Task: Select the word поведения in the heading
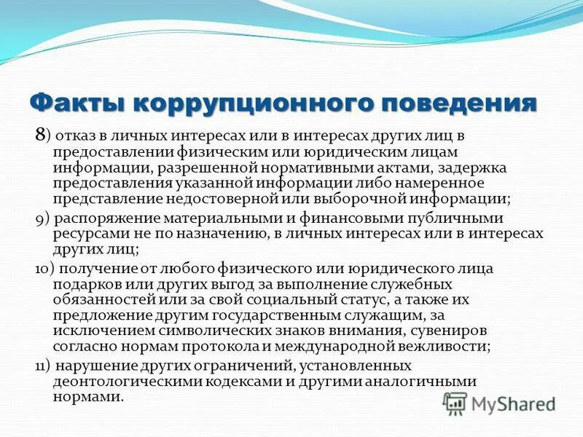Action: point(456,101)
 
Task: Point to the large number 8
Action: point(40,135)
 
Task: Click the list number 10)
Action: point(46,268)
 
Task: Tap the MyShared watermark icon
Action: point(455,403)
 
